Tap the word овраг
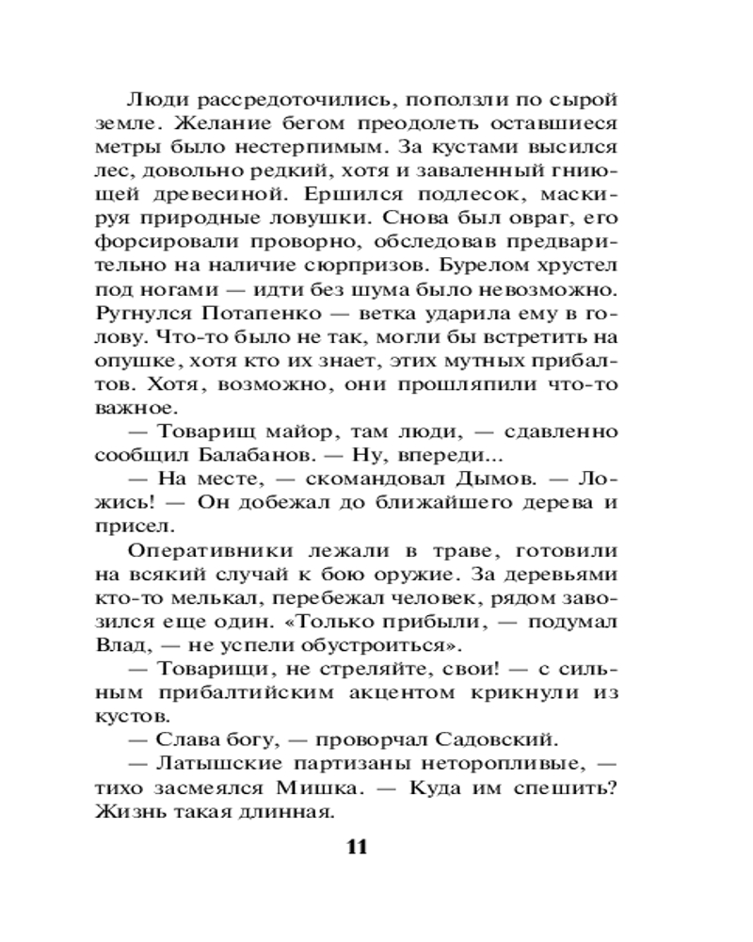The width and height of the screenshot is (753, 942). coord(549,218)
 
